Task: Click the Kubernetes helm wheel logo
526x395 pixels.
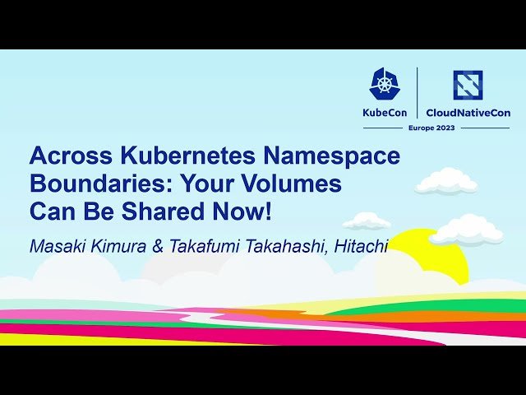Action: pyautogui.click(x=385, y=84)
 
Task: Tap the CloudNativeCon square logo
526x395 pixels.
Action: pyautogui.click(x=468, y=85)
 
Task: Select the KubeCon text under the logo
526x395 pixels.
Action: pyautogui.click(x=385, y=112)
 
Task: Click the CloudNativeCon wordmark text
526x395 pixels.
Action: pyautogui.click(x=468, y=112)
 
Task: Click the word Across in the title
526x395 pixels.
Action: pyautogui.click(x=67, y=156)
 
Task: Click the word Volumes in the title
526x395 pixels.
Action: pyautogui.click(x=295, y=184)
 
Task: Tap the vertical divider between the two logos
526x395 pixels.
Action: pyautogui.click(x=418, y=92)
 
